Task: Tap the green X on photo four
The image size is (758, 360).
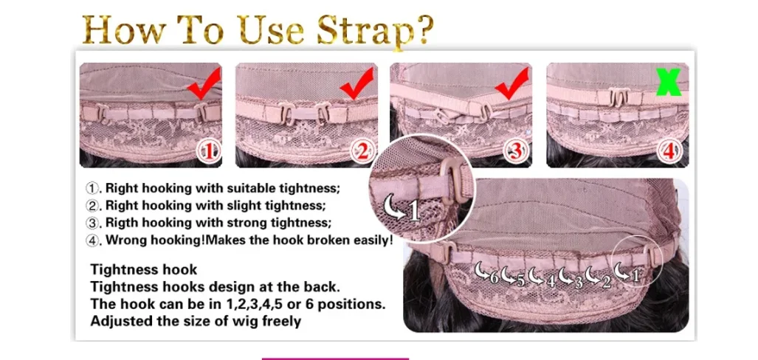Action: [669, 81]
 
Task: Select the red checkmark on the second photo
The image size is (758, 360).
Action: [358, 83]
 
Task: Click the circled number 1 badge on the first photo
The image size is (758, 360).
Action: [208, 153]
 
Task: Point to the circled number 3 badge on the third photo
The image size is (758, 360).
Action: [516, 153]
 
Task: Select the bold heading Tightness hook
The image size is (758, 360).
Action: [144, 270]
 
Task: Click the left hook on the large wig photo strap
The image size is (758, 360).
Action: [446, 252]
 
